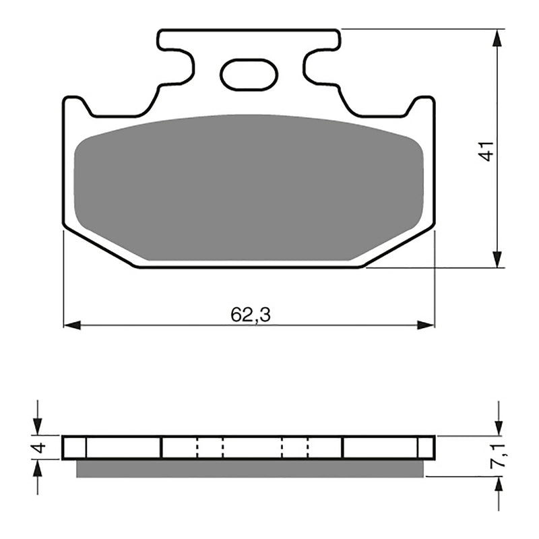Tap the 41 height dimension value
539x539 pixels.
click(486, 150)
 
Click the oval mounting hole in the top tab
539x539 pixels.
click(249, 75)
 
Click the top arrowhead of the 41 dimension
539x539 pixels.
click(497, 38)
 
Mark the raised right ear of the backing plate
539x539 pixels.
click(424, 105)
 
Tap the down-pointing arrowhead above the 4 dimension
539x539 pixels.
click(38, 426)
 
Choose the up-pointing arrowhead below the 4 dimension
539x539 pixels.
click(38, 469)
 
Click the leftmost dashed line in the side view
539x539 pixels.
click(197, 447)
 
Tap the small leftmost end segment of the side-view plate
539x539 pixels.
click(75, 447)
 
